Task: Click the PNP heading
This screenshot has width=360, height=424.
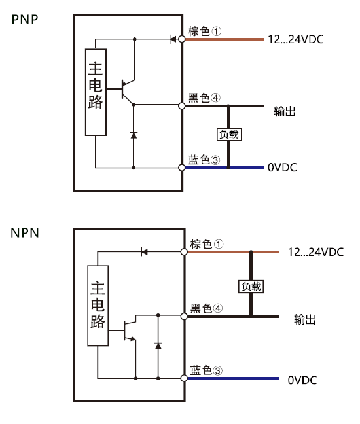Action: click(x=25, y=20)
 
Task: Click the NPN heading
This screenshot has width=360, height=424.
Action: click(x=25, y=233)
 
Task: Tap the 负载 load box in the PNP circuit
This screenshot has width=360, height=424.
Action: click(x=229, y=134)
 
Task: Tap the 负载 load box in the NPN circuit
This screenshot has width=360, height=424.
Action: click(x=251, y=287)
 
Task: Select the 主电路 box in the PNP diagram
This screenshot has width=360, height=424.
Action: click(x=96, y=92)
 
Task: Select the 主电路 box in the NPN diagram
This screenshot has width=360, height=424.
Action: click(x=98, y=306)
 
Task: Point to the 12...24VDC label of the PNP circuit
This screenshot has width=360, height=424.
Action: click(x=296, y=39)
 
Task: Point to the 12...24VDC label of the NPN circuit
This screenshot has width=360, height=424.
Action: click(x=315, y=252)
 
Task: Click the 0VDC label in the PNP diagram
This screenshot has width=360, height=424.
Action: click(x=282, y=168)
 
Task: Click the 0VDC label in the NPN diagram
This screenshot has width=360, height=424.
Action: click(x=302, y=380)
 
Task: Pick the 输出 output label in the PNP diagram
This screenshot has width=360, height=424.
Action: click(x=285, y=111)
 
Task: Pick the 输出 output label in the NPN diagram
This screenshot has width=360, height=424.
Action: click(x=304, y=319)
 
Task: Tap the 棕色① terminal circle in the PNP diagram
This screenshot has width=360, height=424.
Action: click(x=182, y=39)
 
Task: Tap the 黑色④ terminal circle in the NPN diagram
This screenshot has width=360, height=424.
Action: click(x=184, y=317)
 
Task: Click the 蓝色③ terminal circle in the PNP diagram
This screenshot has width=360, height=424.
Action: click(x=182, y=168)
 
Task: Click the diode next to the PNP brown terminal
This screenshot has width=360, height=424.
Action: click(x=173, y=39)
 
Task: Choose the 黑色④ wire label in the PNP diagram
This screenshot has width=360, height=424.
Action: click(x=204, y=97)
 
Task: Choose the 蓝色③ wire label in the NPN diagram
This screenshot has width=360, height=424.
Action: click(x=206, y=370)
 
